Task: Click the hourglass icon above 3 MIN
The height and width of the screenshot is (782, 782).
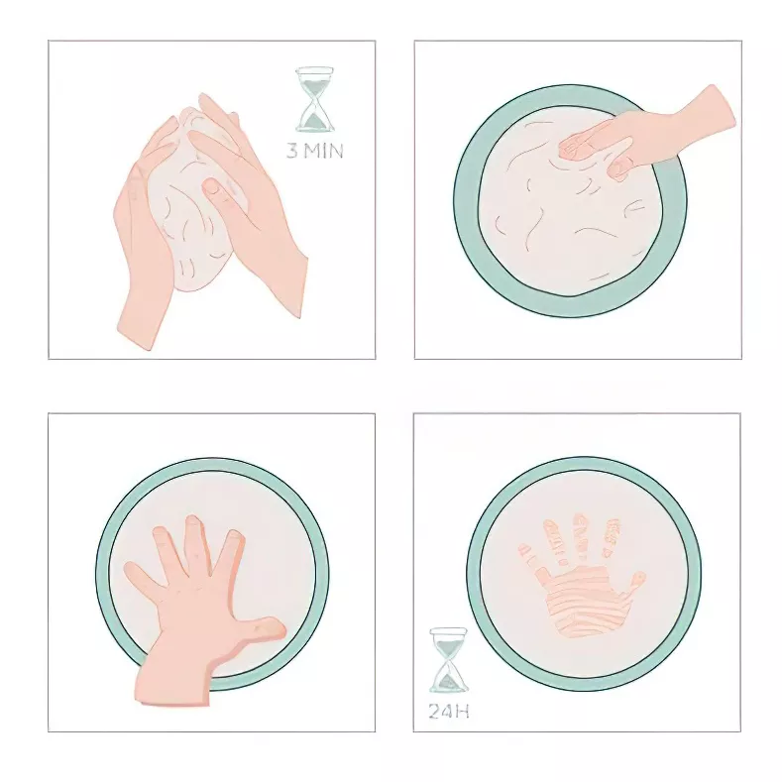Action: click(315, 99)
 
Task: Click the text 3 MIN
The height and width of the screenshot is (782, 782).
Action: click(315, 152)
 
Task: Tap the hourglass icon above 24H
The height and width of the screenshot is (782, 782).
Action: click(448, 660)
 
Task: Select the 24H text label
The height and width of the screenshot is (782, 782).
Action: click(448, 711)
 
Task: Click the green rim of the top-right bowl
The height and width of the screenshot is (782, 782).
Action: click(465, 198)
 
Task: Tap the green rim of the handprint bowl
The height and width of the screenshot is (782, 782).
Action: click(475, 575)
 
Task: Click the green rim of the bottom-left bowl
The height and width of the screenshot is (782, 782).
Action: click(103, 575)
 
